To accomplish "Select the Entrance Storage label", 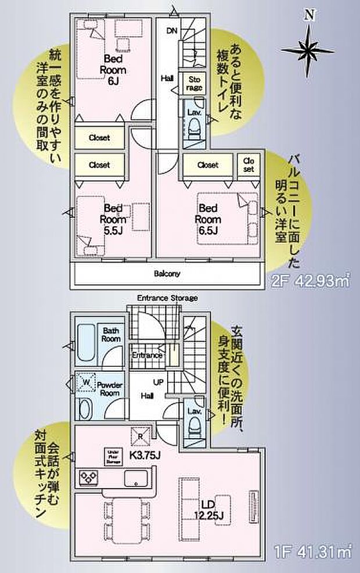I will pyautogui.click(x=167, y=299).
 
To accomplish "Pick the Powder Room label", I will pyautogui.click(x=109, y=389).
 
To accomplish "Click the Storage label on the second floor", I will pyautogui.click(x=194, y=83).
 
